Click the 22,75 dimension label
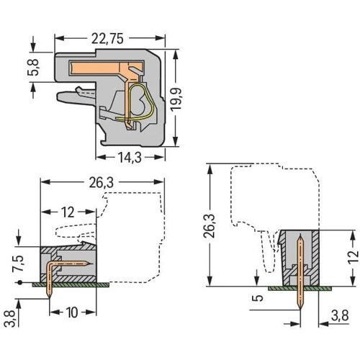107,39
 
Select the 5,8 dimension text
33,67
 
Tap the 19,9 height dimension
176,99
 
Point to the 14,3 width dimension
130,158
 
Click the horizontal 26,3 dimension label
102,183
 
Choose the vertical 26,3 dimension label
210,225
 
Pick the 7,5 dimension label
18,264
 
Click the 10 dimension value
72,312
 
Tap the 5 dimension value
257,298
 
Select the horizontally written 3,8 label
340,315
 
